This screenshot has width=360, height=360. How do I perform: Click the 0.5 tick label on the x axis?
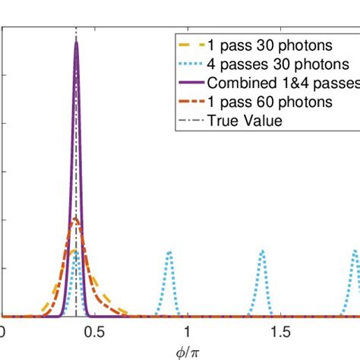[93, 332]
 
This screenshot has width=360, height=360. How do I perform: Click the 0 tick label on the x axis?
[2, 332]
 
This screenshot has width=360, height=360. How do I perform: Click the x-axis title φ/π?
[179, 351]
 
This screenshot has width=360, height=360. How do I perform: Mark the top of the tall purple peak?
[76, 42]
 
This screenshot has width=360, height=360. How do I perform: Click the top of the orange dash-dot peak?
[75, 219]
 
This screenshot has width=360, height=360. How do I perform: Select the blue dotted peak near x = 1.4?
[262, 251]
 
